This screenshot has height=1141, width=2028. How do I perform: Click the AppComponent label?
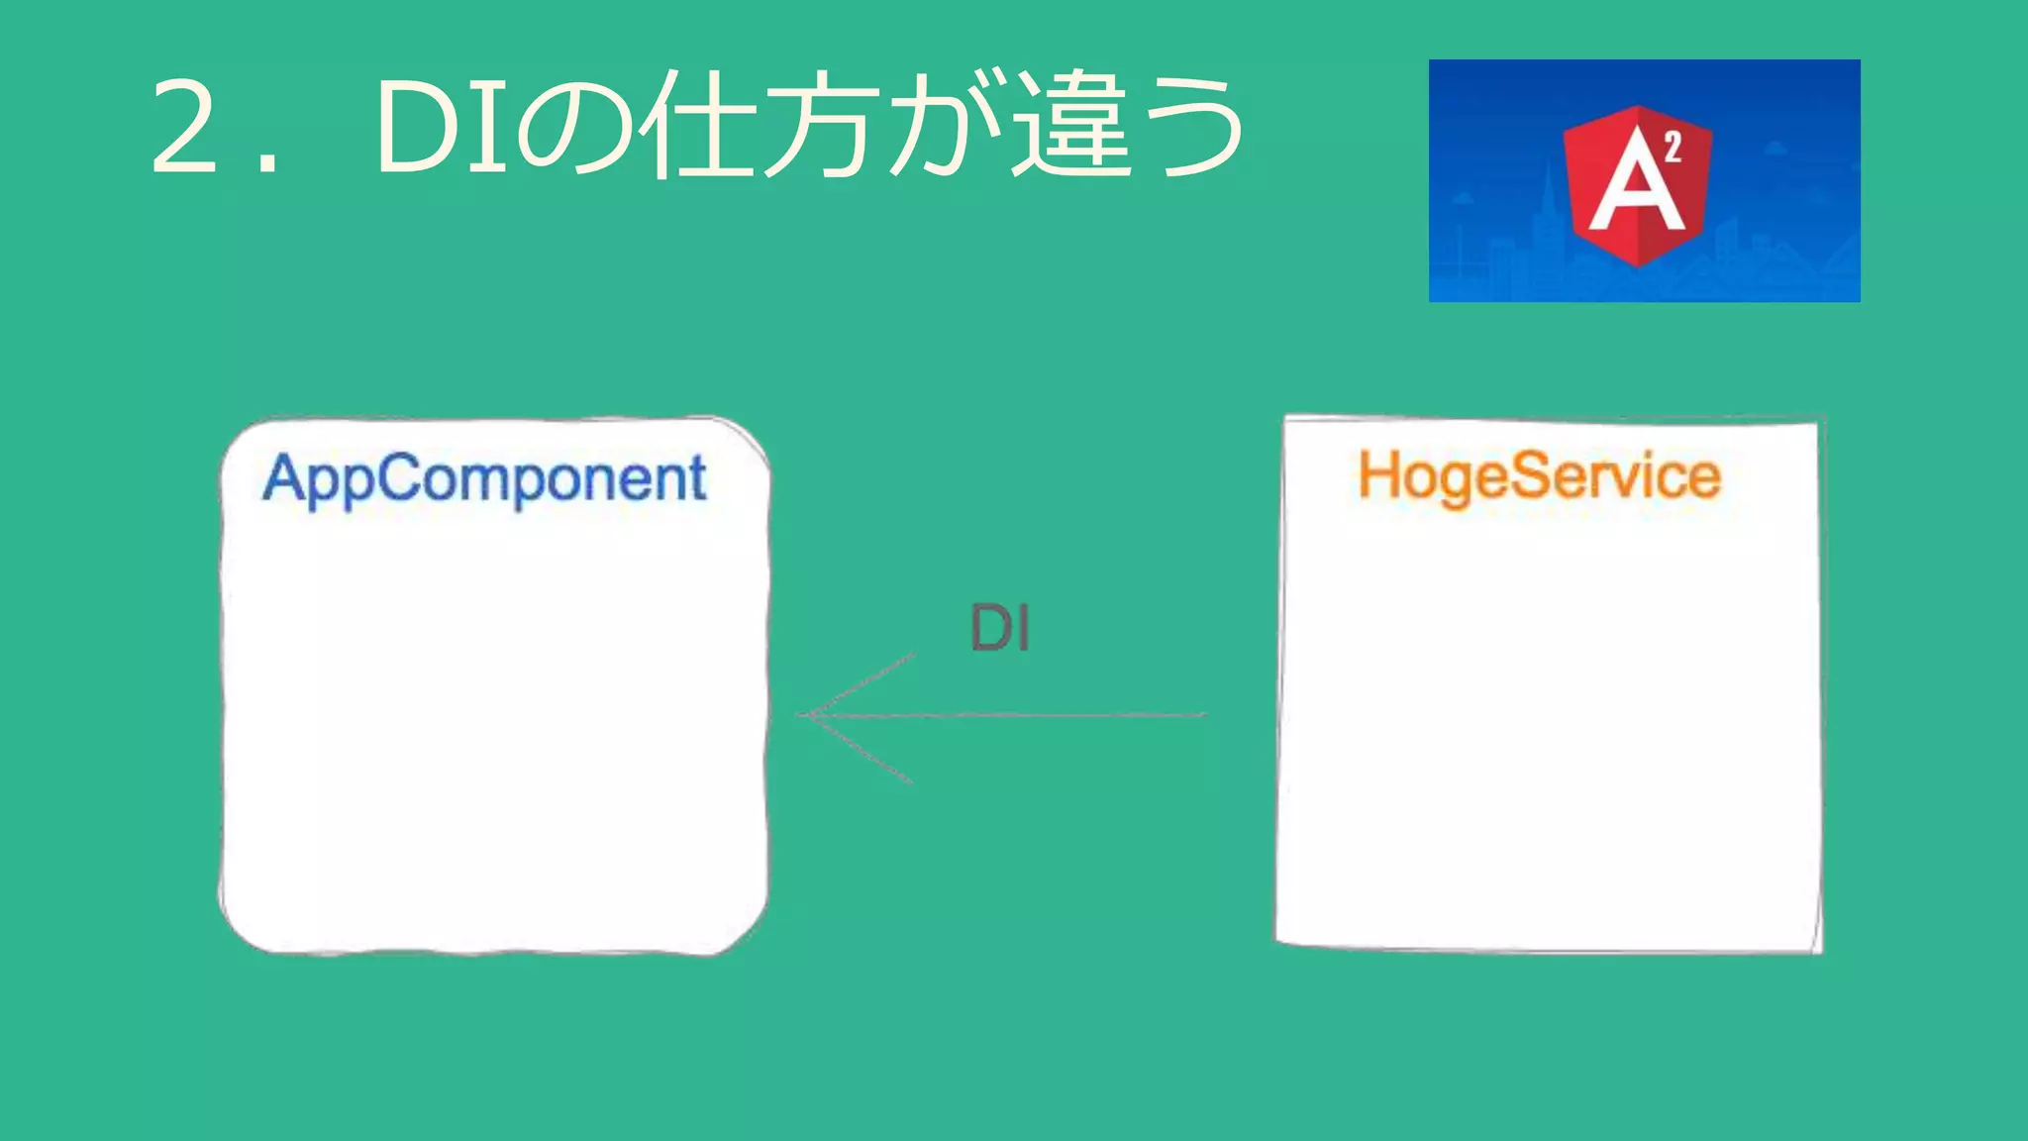tap(484, 479)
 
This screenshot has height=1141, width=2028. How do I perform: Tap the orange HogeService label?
tap(1539, 476)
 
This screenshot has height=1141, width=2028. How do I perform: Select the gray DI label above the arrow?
tap(1000, 628)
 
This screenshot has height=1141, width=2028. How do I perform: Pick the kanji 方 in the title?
tap(822, 127)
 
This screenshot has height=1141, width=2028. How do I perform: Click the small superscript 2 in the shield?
tap(1673, 148)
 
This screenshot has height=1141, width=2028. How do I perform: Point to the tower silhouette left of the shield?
tap(1545, 213)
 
